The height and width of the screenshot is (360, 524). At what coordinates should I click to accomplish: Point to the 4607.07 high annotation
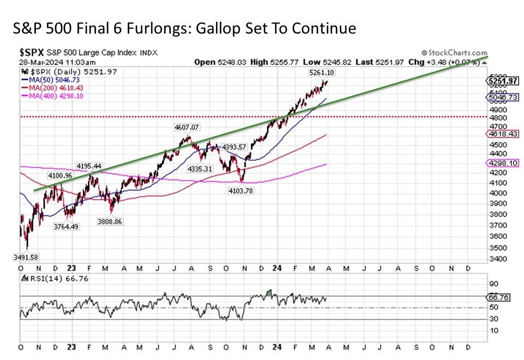(185, 127)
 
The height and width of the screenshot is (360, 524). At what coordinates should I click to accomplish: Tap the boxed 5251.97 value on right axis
(502, 81)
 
